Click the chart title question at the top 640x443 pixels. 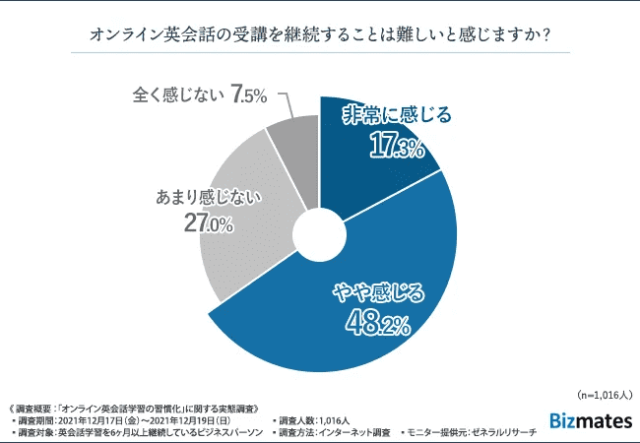(x=320, y=34)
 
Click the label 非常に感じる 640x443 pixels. (x=396, y=116)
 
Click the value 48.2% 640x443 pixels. (x=377, y=322)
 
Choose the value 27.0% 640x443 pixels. (x=208, y=224)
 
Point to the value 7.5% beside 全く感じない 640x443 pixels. (x=250, y=95)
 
